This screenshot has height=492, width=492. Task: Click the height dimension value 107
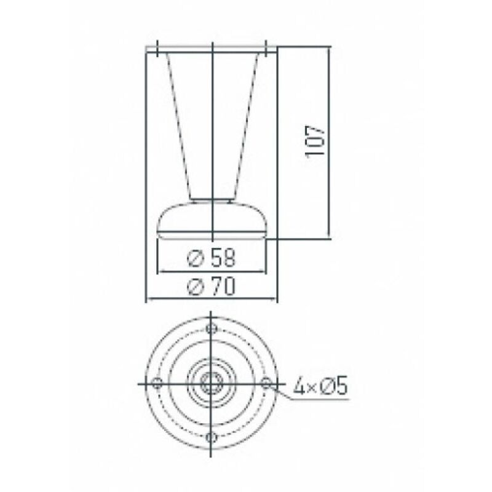[x=314, y=141]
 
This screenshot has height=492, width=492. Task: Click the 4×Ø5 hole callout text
[x=320, y=387]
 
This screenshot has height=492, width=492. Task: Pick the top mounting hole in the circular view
[x=212, y=328]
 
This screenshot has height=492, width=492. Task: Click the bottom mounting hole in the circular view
[x=212, y=437]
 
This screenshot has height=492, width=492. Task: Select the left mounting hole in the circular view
[x=157, y=383]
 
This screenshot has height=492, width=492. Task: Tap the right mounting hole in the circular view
[x=266, y=383]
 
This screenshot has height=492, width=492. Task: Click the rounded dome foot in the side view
[x=184, y=221]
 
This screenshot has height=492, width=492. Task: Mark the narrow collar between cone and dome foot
[x=212, y=199]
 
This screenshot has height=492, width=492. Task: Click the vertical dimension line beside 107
[x=330, y=184]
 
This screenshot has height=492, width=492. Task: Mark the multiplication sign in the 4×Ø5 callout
[x=313, y=387]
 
